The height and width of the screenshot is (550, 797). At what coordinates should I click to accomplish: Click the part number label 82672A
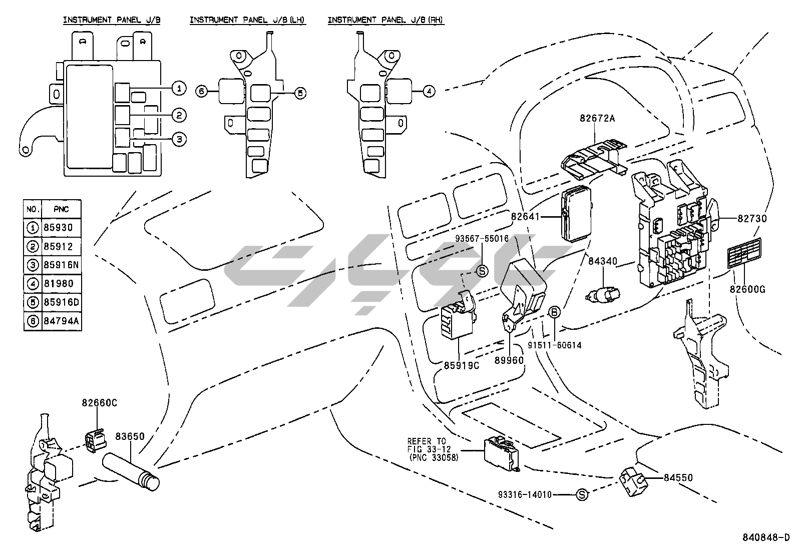(597, 118)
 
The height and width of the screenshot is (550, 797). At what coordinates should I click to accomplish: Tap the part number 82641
(526, 217)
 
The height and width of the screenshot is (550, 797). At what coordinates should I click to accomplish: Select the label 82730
(752, 218)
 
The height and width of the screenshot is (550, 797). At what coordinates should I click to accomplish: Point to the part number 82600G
(747, 289)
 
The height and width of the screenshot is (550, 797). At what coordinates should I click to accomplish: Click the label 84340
(603, 261)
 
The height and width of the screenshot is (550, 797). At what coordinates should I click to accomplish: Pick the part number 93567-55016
(482, 238)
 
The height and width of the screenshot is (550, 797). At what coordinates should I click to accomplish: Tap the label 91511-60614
(555, 345)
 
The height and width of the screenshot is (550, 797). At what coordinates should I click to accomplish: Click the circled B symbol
(554, 312)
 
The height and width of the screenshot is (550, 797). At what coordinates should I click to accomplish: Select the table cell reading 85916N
(61, 265)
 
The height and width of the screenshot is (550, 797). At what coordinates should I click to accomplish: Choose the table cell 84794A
(61, 321)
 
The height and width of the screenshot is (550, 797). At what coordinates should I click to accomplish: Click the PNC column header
(61, 209)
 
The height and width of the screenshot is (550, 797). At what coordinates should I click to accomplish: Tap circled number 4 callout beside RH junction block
(429, 92)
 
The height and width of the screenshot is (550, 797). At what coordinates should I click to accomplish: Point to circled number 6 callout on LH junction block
(202, 92)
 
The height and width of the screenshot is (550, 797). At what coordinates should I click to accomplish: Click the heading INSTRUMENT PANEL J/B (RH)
(385, 20)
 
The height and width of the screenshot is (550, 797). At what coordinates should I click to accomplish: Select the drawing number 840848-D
(765, 537)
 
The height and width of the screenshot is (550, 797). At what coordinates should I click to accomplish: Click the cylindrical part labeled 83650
(131, 471)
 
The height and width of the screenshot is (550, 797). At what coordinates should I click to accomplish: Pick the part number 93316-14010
(525, 494)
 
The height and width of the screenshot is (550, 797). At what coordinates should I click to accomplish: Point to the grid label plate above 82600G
(744, 253)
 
